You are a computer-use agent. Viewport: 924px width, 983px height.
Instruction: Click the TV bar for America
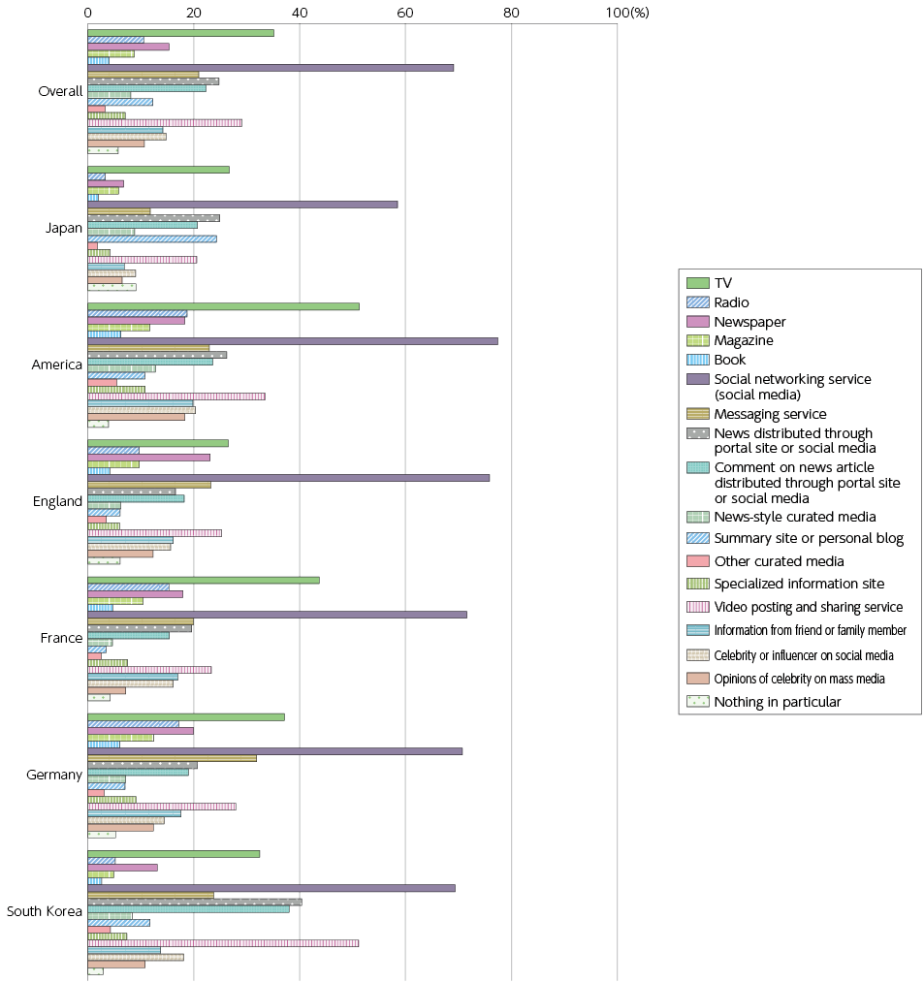coord(223,306)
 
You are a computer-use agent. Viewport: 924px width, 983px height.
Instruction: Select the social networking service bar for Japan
coord(242,205)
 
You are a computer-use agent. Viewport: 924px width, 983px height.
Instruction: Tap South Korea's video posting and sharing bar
coord(223,943)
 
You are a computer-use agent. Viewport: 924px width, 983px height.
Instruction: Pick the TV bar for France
coord(204,581)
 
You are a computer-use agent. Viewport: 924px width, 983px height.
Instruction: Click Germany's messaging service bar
coord(172,758)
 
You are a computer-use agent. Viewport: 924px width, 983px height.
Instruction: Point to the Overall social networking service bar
coord(271,68)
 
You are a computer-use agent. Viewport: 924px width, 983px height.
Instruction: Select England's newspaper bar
coord(148,458)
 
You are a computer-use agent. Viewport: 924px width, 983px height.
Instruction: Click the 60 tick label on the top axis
coord(405,13)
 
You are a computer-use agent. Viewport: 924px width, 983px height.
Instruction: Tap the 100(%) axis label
coord(627,13)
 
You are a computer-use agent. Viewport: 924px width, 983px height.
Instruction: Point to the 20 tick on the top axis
coord(194,13)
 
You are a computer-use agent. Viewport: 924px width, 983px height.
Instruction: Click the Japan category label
coord(64,228)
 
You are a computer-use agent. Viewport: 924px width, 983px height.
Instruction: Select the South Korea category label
coord(45,911)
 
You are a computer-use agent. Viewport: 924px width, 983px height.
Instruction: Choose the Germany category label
coord(54,775)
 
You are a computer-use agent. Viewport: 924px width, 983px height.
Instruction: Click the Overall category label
coord(60,91)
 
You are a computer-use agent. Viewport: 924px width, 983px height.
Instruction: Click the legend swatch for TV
coord(698,283)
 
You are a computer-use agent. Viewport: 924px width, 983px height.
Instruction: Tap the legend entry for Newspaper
coord(749,322)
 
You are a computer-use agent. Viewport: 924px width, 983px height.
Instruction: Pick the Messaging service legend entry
coord(771,414)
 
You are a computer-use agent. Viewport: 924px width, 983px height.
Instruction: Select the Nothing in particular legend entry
coord(778,702)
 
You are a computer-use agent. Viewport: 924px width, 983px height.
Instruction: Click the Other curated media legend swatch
coord(698,561)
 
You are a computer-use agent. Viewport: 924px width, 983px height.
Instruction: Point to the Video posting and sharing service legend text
coord(809,607)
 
